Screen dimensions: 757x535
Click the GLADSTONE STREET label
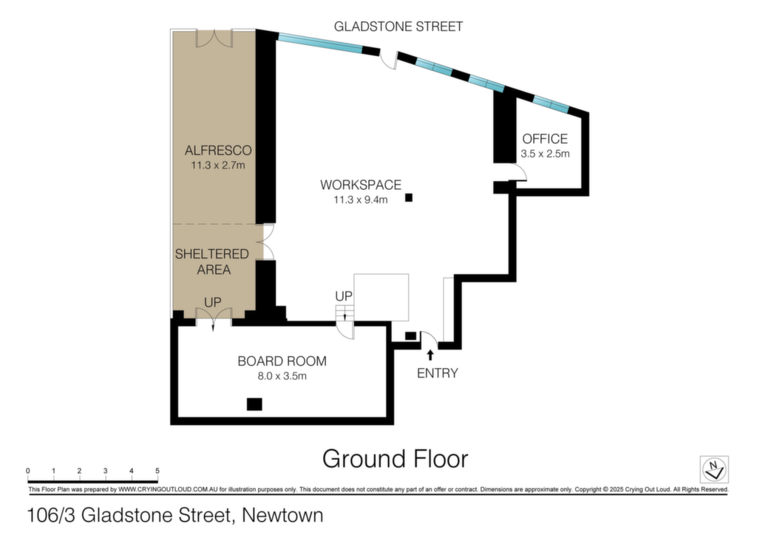tap(398, 26)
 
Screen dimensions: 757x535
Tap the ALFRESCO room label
tap(218, 150)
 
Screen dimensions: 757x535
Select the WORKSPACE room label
tap(361, 185)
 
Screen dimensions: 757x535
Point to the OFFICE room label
tap(545, 139)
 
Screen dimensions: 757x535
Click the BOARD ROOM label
tap(282, 361)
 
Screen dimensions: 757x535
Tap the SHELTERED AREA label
tap(212, 262)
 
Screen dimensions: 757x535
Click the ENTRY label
tap(438, 373)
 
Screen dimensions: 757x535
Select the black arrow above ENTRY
tap(430, 355)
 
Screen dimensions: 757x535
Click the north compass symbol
tap(714, 469)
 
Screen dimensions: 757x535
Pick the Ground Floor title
tap(395, 459)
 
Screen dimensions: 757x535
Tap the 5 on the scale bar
tap(157, 471)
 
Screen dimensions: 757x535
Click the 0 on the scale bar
tap(28, 471)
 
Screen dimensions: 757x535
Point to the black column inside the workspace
tap(409, 197)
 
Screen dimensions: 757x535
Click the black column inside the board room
tap(254, 404)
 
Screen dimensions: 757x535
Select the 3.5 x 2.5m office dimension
tap(545, 154)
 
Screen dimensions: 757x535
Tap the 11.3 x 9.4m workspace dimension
tap(361, 200)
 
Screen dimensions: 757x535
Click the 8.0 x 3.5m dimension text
tap(282, 376)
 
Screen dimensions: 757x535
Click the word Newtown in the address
tap(282, 515)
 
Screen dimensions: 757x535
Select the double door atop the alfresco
tap(214, 38)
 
